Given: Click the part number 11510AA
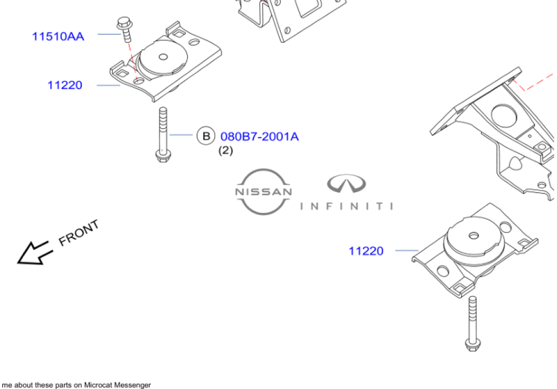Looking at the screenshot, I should (x=58, y=37).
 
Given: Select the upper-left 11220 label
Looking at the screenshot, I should (x=65, y=85).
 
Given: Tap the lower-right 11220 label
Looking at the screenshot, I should (x=366, y=251).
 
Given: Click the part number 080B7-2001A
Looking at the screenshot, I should (x=260, y=136).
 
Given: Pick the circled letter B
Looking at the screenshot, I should (x=206, y=136).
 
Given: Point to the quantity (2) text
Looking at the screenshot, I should (x=225, y=150).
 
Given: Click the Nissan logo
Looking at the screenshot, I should (x=263, y=191).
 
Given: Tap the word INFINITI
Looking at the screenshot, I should (x=346, y=206).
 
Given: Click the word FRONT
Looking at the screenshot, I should (x=79, y=232).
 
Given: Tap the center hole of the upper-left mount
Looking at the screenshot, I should (x=163, y=56).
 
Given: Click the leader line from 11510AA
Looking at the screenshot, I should (x=109, y=35).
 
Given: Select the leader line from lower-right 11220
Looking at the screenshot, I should (x=407, y=251).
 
